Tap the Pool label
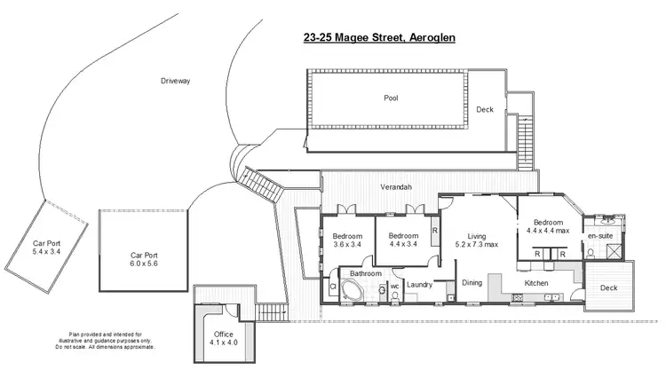[x=391, y=98]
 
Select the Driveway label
[x=176, y=81]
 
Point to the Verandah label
[x=395, y=188]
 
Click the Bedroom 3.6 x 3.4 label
[x=347, y=240]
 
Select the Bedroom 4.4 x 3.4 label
[x=403, y=240]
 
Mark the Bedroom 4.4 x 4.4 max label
[x=549, y=226]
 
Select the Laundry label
[x=418, y=284]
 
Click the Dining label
[x=472, y=283]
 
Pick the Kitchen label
[x=536, y=283]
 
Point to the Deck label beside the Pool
[x=484, y=110]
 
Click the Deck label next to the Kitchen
[x=608, y=287]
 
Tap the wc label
[x=394, y=287]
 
